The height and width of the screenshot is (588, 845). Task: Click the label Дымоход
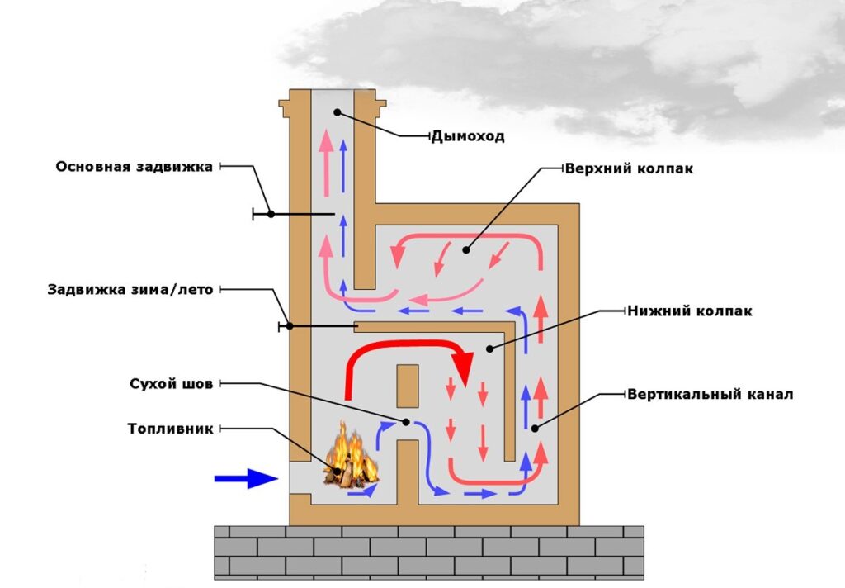(467, 136)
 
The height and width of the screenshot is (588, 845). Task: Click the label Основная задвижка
(135, 167)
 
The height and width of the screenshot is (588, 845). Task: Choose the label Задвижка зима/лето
(131, 290)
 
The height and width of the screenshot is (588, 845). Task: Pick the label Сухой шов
(172, 384)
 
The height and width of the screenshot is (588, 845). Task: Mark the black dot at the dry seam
(407, 422)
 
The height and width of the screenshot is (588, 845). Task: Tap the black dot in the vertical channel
(535, 428)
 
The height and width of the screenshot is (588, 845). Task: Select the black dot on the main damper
(271, 214)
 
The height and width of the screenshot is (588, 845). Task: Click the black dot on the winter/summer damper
(290, 326)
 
